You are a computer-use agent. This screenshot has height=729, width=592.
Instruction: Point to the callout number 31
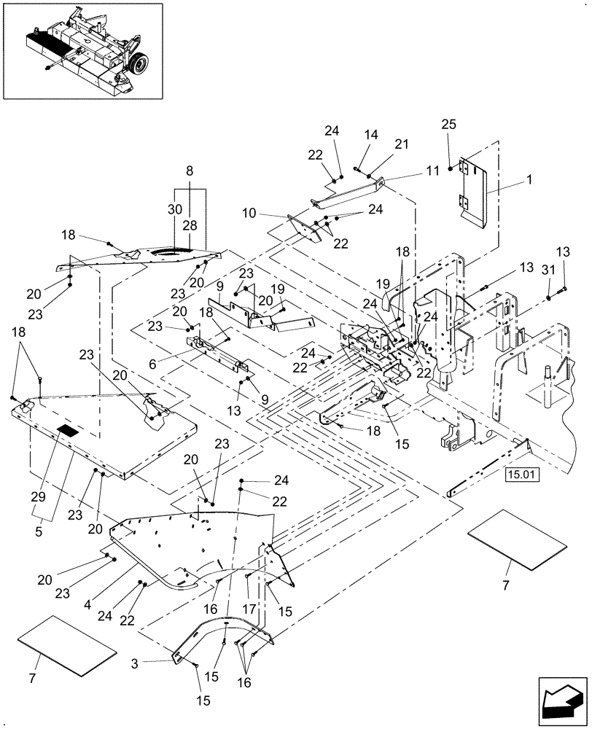(x=544, y=272)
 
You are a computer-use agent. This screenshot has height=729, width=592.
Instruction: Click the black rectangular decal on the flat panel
(x=66, y=430)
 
